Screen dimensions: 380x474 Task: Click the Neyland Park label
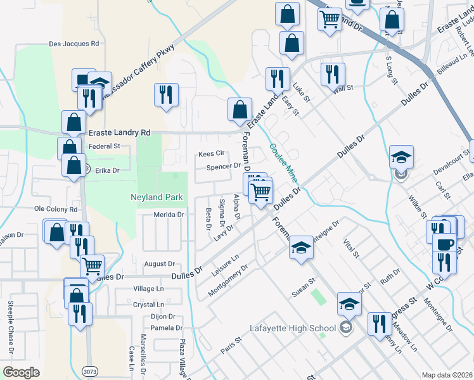157,198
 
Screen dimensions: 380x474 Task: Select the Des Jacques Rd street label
74,44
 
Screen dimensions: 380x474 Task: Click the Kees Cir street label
212,154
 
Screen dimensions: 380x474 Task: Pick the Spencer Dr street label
224,167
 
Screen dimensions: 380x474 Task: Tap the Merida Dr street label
169,215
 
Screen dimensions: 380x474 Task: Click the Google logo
21,372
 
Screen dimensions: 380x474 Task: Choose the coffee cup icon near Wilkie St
445,244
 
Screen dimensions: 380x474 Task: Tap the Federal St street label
105,146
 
